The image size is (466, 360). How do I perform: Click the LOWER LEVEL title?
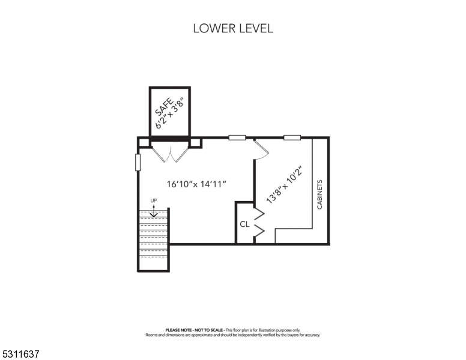click(x=233, y=29)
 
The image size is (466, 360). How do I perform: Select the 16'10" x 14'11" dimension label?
click(x=197, y=184)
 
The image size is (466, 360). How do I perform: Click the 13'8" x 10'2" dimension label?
click(x=284, y=184)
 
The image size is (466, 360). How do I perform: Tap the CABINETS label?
click(x=320, y=194)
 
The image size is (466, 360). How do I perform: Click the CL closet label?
click(x=244, y=224)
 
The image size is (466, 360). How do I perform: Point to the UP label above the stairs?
click(x=153, y=200)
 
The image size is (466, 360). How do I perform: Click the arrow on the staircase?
click(x=154, y=211)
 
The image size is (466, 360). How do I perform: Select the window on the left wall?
click(x=138, y=162)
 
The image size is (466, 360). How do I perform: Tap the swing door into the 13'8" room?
click(x=261, y=150)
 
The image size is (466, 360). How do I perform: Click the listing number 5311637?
click(x=21, y=354)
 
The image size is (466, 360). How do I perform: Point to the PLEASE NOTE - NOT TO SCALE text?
click(x=194, y=330)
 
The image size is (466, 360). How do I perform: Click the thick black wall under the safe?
click(x=170, y=139)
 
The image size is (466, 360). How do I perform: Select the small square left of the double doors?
click(x=144, y=143)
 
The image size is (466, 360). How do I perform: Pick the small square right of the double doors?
click(x=196, y=143)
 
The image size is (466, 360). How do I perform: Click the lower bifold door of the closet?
click(x=259, y=230)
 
